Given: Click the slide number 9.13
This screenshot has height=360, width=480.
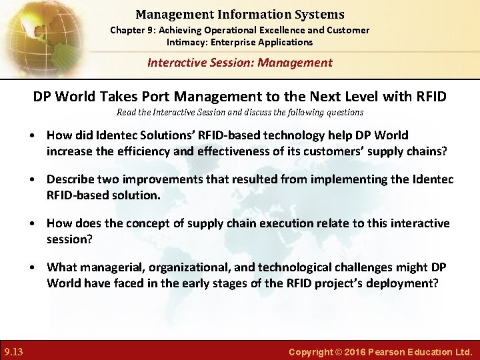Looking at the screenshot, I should [x=13, y=351].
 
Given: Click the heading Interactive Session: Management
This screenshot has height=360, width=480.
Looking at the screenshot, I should [x=239, y=63].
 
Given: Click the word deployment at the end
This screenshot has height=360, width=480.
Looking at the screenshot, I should [x=403, y=283].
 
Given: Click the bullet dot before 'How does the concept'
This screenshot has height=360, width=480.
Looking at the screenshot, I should [x=33, y=224].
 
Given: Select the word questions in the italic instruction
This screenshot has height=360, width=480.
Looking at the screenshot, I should [x=343, y=112].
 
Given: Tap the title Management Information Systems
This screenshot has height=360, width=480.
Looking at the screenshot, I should [x=239, y=14].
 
